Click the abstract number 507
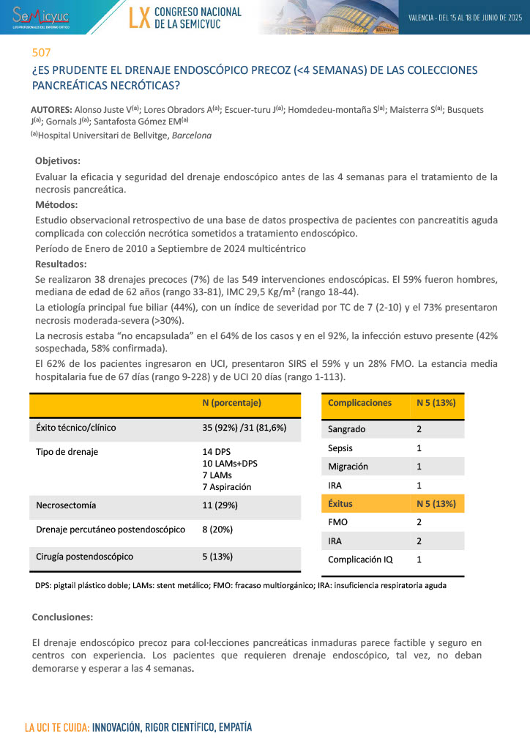tap(41, 53)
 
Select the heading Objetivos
tap(58, 161)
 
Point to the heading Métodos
tap(56, 205)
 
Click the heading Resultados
tap(61, 264)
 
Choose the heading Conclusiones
tap(62, 617)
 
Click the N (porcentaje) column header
tap(231, 403)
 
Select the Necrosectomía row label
tap(66, 505)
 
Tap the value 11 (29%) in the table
tap(220, 505)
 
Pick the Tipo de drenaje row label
tap(67, 452)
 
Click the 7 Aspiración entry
tap(226, 487)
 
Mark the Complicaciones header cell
tap(359, 403)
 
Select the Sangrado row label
tap(346, 429)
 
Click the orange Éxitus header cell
tap(343, 504)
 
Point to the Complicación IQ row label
tap(360, 560)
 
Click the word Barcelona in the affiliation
tap(192, 135)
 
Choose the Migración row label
tap(348, 467)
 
